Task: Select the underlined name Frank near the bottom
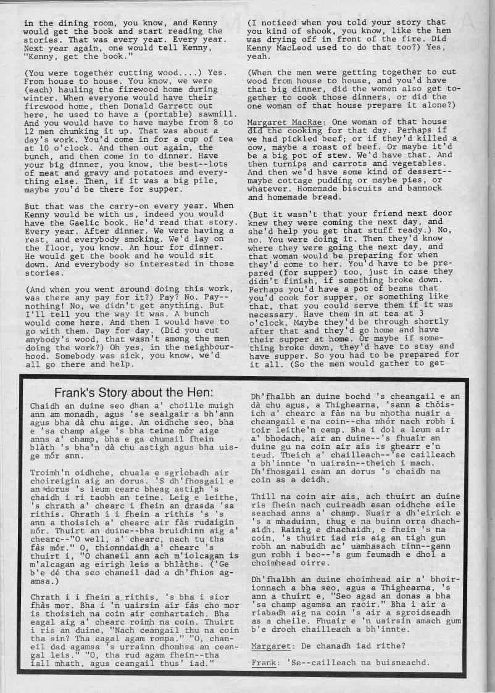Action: (x=263, y=663)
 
